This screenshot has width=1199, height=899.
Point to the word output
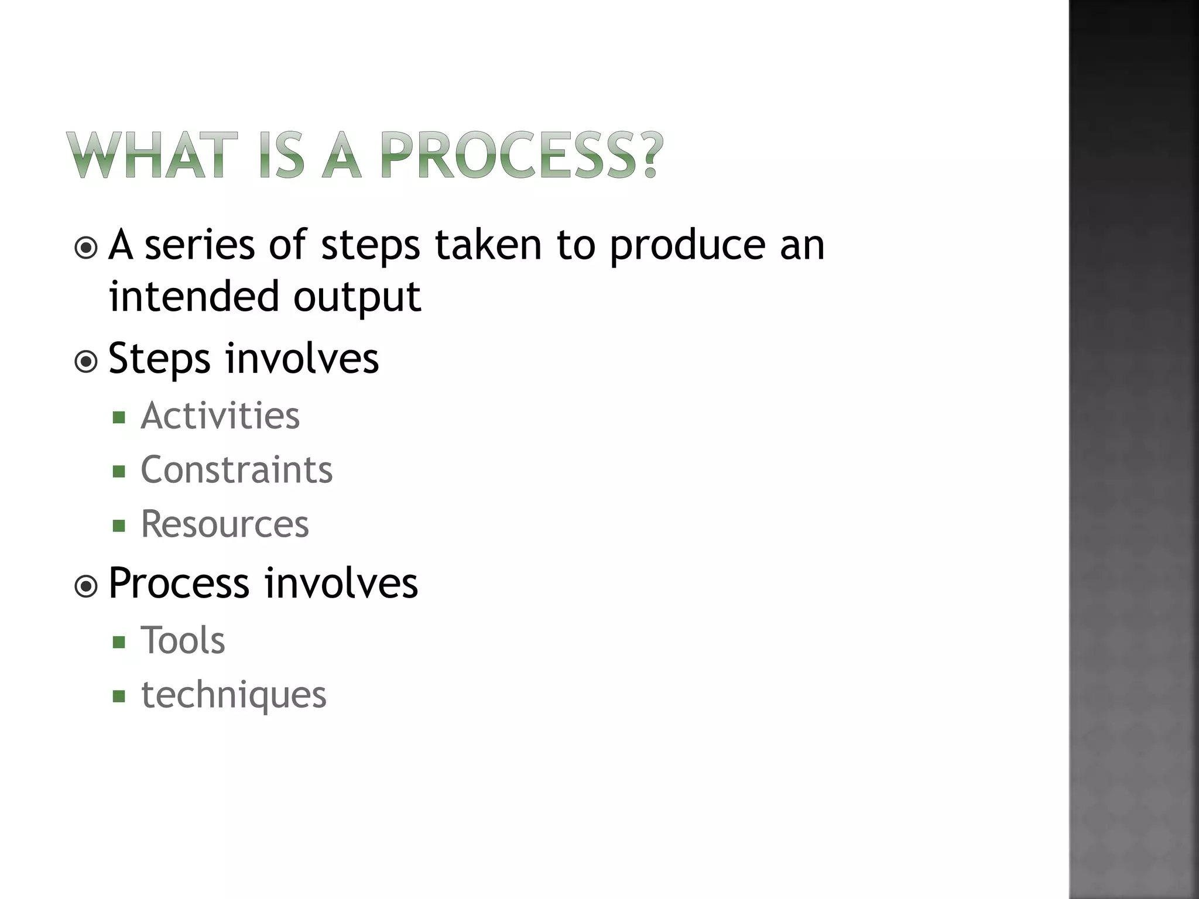(357, 297)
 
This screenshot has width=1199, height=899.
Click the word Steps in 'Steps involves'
(159, 359)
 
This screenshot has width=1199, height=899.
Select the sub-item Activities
(220, 416)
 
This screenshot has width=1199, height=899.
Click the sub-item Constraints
(237, 470)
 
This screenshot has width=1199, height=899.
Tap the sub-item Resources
(225, 524)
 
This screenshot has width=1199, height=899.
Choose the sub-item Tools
(183, 640)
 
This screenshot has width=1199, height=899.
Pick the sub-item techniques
(234, 695)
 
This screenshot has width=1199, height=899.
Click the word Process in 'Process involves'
(179, 584)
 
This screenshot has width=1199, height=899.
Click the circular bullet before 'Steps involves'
(87, 362)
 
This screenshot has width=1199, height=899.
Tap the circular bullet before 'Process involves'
(87, 586)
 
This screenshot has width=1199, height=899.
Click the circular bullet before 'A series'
(87, 248)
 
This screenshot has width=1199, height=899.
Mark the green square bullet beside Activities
(119, 417)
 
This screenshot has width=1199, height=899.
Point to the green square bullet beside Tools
(119, 642)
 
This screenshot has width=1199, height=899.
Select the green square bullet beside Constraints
(119, 471)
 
